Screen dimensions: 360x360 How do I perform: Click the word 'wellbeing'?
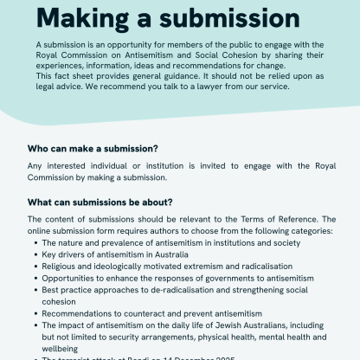tap(62, 348)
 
